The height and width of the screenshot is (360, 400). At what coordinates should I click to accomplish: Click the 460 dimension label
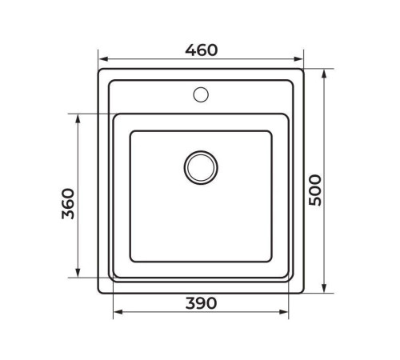(201, 50)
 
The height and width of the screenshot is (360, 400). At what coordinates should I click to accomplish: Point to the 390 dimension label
(201, 303)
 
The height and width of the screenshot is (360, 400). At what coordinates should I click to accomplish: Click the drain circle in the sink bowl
(200, 166)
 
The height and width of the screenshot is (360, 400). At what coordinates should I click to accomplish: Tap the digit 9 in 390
(201, 303)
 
